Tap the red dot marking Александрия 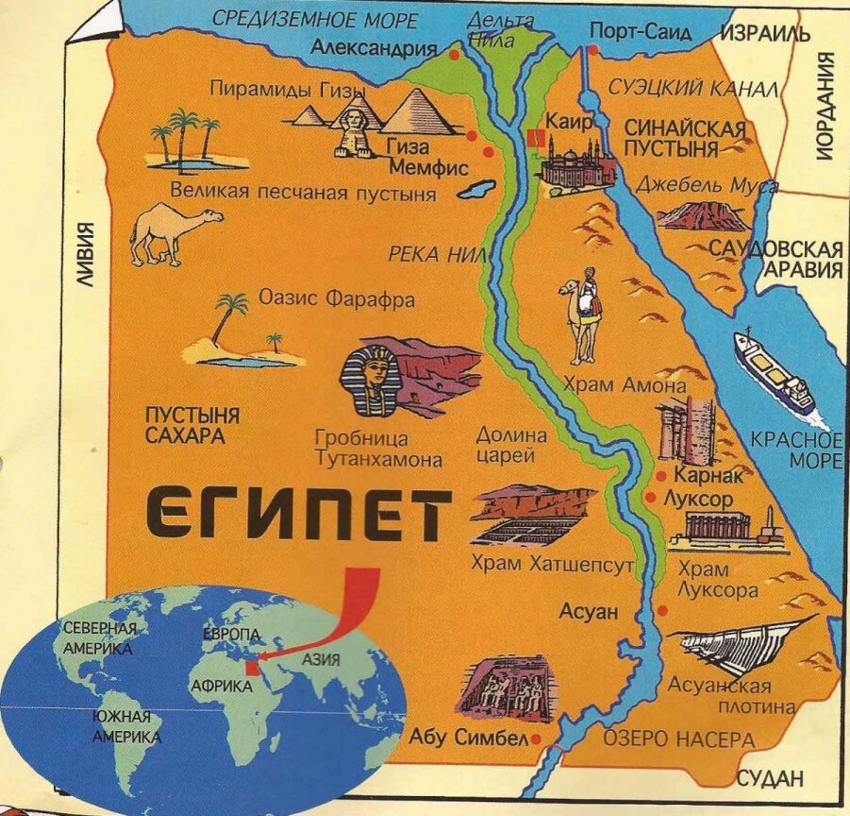point(455,55)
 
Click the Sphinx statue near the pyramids point(351,132)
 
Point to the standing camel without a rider point(173,232)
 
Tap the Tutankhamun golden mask point(372,380)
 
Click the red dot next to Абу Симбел point(536,738)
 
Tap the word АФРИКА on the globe point(221,686)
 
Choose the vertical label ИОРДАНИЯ point(826,106)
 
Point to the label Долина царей point(511,446)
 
